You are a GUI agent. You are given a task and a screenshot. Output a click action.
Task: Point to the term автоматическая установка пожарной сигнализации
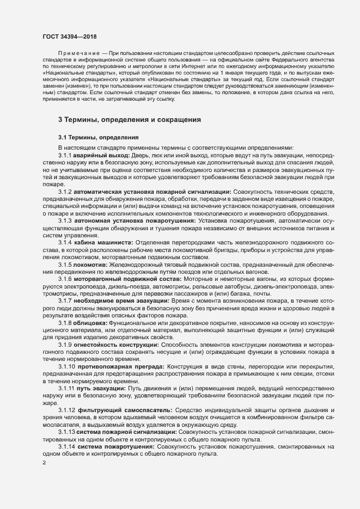153,192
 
